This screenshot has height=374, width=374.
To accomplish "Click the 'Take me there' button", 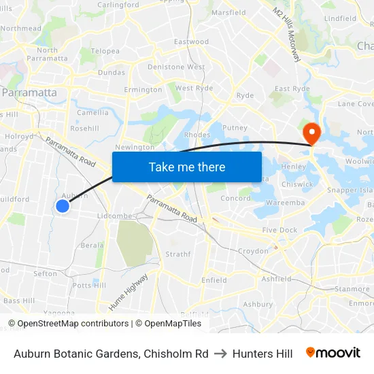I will click(x=187, y=167).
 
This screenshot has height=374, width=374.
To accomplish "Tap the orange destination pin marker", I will click(x=312, y=133).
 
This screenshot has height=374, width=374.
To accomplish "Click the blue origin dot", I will click(x=63, y=205).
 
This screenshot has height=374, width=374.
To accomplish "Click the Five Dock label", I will click(x=279, y=230).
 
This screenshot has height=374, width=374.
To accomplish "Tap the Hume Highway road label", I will click(x=128, y=291).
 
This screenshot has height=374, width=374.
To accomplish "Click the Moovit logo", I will click(x=333, y=353).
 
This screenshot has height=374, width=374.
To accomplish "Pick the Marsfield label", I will click(x=228, y=12).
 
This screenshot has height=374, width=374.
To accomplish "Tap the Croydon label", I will click(x=253, y=251).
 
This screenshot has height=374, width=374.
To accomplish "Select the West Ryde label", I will click(x=194, y=88).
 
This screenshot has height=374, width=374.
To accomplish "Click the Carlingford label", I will click(x=118, y=4).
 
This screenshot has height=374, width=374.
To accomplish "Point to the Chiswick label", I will click(x=297, y=184).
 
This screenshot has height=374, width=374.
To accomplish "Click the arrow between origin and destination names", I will click(x=220, y=354).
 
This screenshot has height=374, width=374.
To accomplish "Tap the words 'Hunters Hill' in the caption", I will click(x=262, y=354).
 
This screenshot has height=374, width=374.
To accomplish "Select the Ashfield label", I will click(x=276, y=279).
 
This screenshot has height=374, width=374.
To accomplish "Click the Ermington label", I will click(x=143, y=90).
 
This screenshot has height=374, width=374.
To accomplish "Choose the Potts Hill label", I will click(x=89, y=285).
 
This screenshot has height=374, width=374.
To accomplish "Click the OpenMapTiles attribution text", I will click(x=169, y=324).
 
